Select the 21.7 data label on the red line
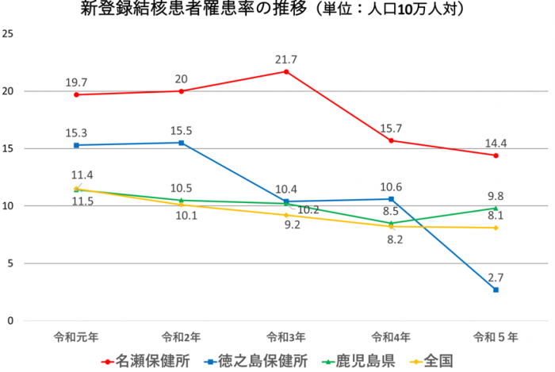point(286,59)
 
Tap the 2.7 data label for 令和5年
point(496,277)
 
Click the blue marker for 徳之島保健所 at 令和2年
point(182,143)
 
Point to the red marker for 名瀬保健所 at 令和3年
point(286,71)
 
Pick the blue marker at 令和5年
point(496,290)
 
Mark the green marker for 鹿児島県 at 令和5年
point(496,209)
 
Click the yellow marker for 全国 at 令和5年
point(496,228)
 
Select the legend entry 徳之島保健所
point(254,361)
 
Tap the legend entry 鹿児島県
point(357,361)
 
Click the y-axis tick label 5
point(10,263)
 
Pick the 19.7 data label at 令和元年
point(76,81)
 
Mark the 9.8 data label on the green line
point(496,196)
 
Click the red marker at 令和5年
point(496,155)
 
